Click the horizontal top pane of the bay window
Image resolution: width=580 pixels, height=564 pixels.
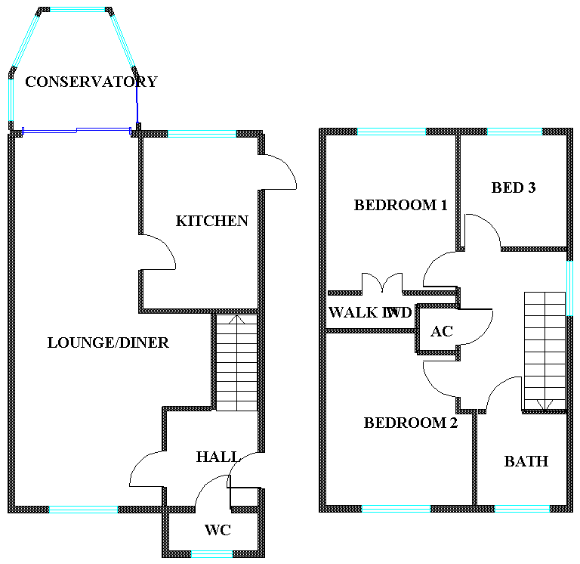pyautogui.click(x=77, y=10)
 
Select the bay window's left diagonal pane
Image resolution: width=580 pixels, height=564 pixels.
pyautogui.click(x=25, y=42)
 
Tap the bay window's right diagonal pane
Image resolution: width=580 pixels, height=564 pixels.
pyautogui.click(x=123, y=41)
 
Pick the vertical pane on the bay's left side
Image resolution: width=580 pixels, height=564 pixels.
pyautogui.click(x=11, y=99)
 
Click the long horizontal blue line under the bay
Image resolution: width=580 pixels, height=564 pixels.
pyautogui.click(x=76, y=130)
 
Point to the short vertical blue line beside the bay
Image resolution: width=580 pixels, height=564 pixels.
pyautogui.click(x=137, y=102)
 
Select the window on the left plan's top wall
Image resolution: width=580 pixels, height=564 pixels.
pyautogui.click(x=202, y=134)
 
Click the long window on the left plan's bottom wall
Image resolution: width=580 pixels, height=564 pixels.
pyautogui.click(x=83, y=510)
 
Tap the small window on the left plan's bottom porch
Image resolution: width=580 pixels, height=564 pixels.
pyautogui.click(x=211, y=554)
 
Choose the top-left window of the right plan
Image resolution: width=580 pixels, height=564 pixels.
pyautogui.click(x=391, y=132)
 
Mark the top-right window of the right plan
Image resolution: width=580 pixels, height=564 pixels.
pyautogui.click(x=514, y=132)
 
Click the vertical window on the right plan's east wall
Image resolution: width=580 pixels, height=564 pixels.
pyautogui.click(x=569, y=288)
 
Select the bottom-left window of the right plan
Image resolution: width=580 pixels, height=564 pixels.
pyautogui.click(x=396, y=509)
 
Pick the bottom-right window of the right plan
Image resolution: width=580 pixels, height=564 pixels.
pyautogui.click(x=522, y=509)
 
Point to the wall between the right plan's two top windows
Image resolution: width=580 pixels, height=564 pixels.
pyautogui.click(x=458, y=189)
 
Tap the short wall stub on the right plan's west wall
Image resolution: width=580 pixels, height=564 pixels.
pyautogui.click(x=344, y=293)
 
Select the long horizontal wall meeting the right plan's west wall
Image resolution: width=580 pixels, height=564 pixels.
pyautogui.click(x=370, y=330)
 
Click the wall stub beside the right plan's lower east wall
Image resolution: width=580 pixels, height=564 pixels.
pyautogui.click(x=544, y=411)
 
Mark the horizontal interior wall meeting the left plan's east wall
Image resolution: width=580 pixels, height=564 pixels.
pyautogui.click(x=200, y=311)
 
